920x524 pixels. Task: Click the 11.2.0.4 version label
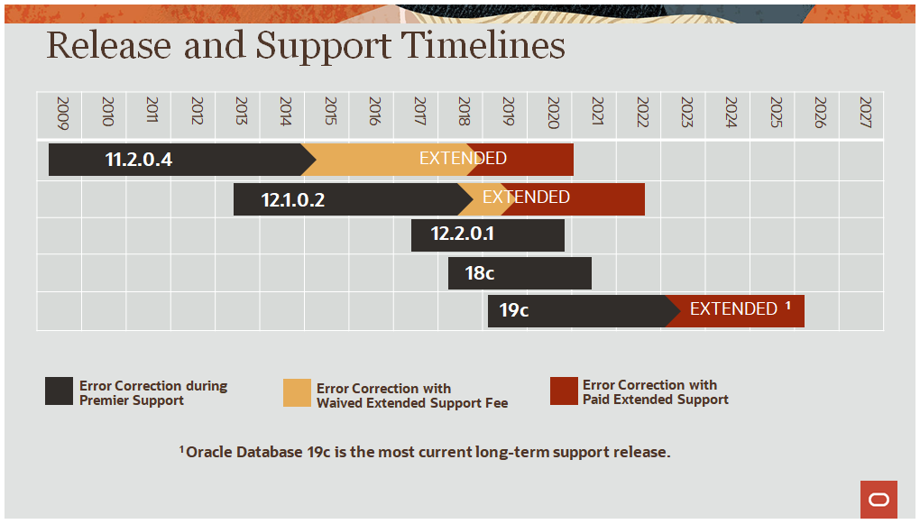click(x=138, y=161)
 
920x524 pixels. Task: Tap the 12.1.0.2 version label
click(x=292, y=200)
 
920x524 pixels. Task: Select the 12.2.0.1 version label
click(x=462, y=234)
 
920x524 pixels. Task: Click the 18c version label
click(x=479, y=272)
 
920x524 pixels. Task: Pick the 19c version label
click(x=513, y=310)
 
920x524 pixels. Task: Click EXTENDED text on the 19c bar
click(x=733, y=309)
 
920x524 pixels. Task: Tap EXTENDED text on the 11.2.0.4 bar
click(x=463, y=159)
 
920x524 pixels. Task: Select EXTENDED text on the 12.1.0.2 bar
click(x=526, y=197)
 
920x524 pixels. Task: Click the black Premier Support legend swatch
click(x=60, y=391)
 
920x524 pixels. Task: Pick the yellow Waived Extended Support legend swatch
click(x=297, y=392)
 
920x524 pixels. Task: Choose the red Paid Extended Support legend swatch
click(x=564, y=391)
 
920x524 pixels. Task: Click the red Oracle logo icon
click(x=879, y=500)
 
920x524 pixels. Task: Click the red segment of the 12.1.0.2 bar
click(x=604, y=199)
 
